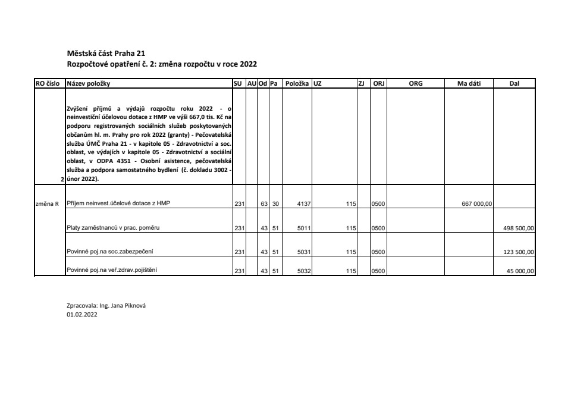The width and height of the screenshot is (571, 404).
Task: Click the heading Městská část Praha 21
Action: point(102,53)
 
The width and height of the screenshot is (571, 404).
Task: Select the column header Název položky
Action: point(89,84)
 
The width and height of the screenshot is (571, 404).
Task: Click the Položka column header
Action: point(297,84)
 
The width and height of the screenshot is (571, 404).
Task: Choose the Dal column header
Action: point(514,84)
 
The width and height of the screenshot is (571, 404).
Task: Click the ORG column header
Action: point(416,84)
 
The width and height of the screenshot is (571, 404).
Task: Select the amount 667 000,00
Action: point(477,204)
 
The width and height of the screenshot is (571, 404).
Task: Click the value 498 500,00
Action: point(519,228)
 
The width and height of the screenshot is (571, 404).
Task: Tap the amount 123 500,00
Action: point(519,252)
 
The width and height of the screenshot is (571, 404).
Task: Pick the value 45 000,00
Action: point(520,271)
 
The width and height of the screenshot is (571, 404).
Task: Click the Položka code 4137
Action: point(304,204)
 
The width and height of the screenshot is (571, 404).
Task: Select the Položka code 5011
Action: point(304,228)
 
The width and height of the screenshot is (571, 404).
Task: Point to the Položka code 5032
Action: point(304,271)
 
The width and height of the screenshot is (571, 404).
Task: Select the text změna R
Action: point(48,203)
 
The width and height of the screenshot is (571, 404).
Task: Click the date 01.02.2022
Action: point(82,315)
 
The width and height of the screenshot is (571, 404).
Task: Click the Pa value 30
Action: point(275,204)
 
